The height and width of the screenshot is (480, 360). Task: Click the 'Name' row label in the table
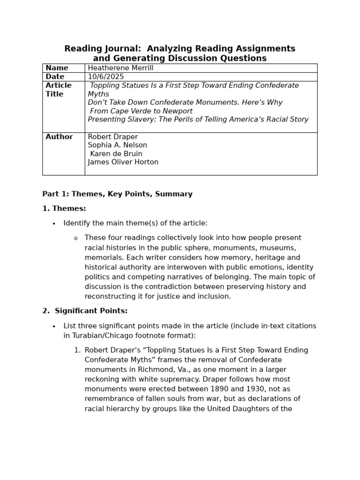point(57,68)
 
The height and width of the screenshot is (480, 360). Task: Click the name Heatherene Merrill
point(120,68)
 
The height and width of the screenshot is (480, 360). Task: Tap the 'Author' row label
point(59,137)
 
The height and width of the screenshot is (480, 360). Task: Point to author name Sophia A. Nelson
point(117,145)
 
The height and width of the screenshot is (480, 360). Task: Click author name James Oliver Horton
point(123,162)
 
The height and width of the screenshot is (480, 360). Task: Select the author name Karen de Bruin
point(116,154)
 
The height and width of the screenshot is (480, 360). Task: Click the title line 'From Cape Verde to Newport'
point(141,111)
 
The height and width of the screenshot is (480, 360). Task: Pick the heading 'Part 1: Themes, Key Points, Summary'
point(117,194)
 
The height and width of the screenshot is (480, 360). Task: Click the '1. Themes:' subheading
point(64,209)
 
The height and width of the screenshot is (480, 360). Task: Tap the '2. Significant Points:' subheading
point(85,311)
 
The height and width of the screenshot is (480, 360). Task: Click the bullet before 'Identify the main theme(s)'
point(54,224)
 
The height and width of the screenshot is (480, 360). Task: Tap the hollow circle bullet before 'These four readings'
point(75,238)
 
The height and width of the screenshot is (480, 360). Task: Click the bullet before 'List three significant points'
point(54,326)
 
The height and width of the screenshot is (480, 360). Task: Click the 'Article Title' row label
point(59,90)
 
